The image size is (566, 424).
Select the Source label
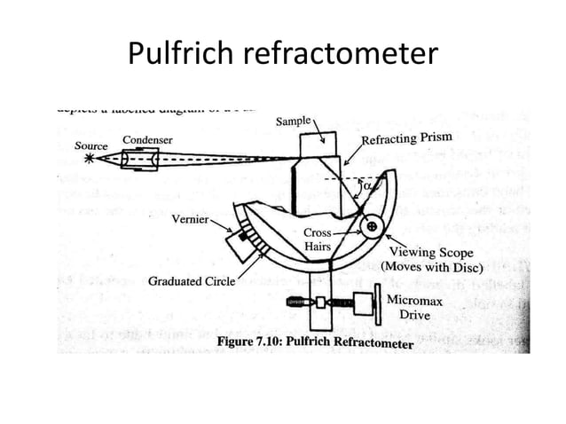pyautogui.click(x=90, y=145)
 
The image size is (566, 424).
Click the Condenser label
pyautogui.click(x=146, y=139)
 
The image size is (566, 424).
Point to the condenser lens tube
pyautogui.click(x=142, y=161)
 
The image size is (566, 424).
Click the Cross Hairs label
pyautogui.click(x=318, y=239)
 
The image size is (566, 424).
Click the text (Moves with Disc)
pyautogui.click(x=432, y=266)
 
